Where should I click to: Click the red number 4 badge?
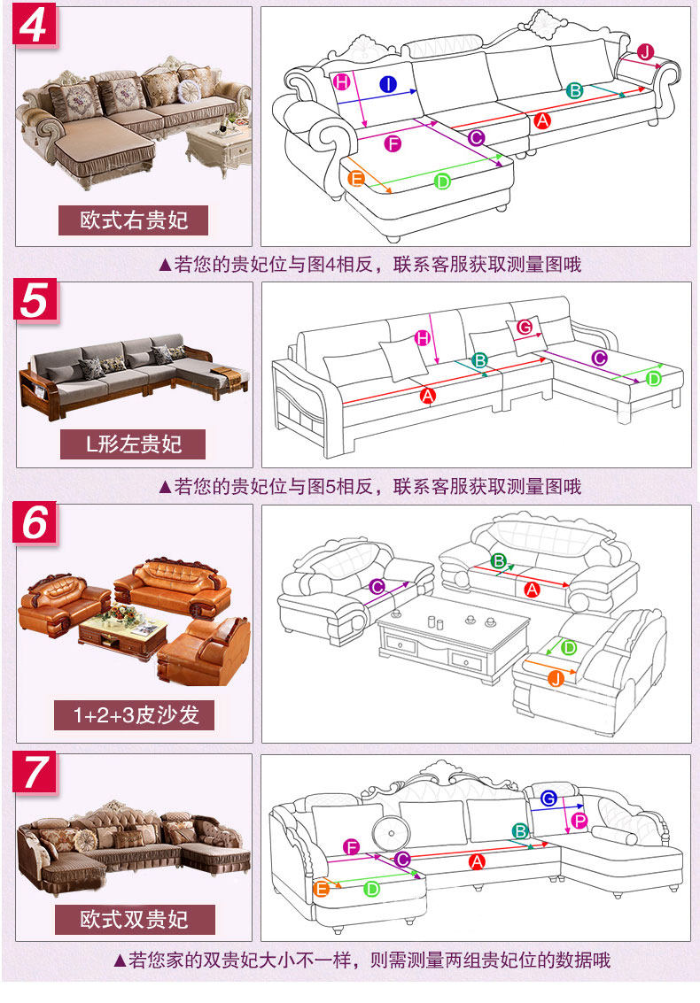(x=35, y=26)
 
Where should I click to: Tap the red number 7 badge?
(x=35, y=774)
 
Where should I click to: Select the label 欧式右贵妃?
(x=133, y=220)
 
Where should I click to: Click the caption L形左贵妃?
(x=133, y=444)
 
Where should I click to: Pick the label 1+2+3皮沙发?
(x=134, y=714)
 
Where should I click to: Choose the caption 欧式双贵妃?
(x=134, y=920)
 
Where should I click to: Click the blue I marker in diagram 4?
(x=388, y=84)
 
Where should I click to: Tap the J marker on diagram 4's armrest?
(x=646, y=52)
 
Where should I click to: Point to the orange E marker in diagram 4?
(x=357, y=179)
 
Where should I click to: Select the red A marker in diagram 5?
(x=428, y=396)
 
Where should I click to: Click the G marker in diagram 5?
(x=525, y=328)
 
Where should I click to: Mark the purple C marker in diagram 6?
(x=377, y=587)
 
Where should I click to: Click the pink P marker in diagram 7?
(x=579, y=821)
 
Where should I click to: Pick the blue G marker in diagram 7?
(x=548, y=799)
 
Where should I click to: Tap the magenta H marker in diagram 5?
(x=423, y=338)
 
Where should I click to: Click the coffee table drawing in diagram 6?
(x=454, y=640)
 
